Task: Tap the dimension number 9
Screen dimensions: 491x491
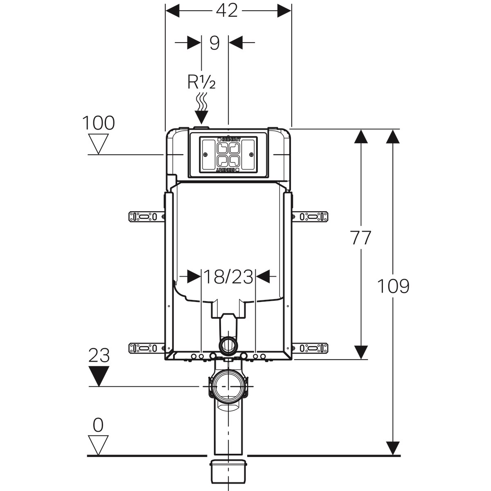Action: [214, 43]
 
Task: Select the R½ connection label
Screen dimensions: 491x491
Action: [201, 82]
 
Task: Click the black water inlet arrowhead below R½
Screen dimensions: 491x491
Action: [201, 117]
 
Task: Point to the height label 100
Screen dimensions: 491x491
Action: [99, 123]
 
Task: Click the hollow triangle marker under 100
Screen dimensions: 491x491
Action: [99, 144]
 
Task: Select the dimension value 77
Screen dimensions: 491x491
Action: [360, 238]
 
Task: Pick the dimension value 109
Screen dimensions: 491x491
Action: [393, 286]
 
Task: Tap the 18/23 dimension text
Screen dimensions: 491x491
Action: [228, 277]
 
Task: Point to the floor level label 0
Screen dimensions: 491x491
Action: [98, 426]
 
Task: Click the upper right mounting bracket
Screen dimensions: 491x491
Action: [311, 216]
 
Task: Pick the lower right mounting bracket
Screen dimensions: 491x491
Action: [311, 348]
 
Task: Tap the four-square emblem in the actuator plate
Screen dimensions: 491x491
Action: [228, 154]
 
